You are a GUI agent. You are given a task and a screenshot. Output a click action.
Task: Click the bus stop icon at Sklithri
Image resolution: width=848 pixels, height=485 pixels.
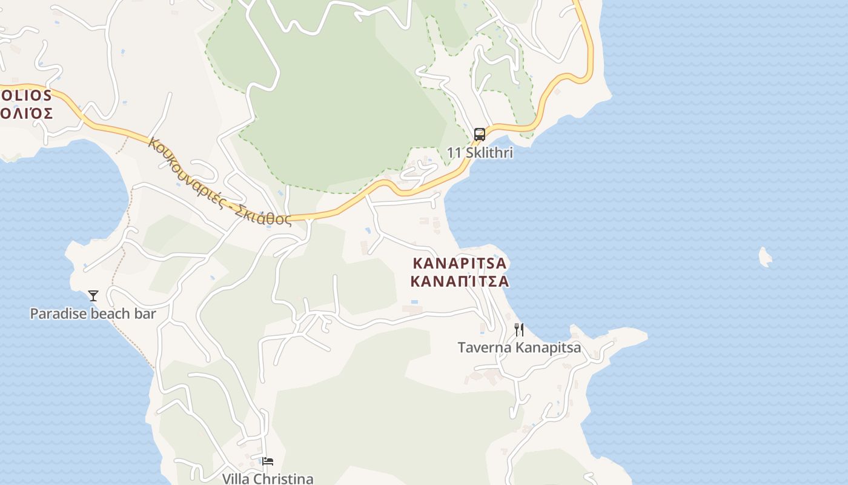479,134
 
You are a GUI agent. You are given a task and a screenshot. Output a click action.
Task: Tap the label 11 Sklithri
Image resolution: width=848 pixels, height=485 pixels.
480,153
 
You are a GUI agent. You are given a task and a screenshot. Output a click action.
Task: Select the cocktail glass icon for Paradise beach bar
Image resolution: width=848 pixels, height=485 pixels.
93,296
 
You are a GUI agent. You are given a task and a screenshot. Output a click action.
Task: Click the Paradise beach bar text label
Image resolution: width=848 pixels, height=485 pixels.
93,313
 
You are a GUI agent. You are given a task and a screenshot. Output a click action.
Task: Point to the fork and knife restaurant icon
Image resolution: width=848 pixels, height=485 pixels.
518,330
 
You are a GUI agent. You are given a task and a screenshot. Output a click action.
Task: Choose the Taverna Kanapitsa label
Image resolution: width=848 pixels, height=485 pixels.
519,347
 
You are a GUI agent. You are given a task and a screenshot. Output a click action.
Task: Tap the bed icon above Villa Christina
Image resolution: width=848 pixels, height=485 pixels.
268,461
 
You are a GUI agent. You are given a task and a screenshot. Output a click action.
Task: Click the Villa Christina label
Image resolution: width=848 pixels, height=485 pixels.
268,478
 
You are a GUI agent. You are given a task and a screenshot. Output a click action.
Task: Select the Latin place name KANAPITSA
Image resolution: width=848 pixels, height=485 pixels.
459,264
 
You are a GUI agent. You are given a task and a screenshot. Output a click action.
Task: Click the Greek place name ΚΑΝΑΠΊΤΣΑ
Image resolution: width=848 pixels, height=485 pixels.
459,282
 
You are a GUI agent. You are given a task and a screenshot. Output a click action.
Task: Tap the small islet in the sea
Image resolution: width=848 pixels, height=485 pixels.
766,257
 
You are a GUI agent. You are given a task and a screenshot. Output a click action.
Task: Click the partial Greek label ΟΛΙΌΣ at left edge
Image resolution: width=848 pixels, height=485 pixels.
27,113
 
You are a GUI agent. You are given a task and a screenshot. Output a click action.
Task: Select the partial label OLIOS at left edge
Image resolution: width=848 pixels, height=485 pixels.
26,96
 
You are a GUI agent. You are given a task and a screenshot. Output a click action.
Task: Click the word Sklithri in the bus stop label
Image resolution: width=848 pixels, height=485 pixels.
489,153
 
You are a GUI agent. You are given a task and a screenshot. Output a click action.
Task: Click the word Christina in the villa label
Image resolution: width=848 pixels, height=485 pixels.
285,478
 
